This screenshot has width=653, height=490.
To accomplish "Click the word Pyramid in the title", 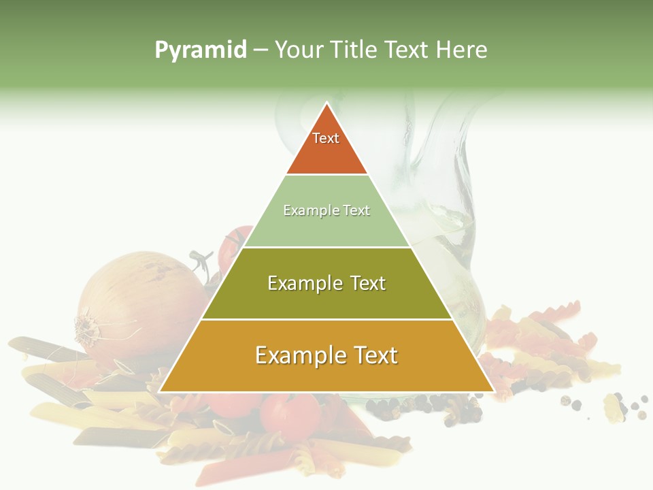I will tap(200, 50).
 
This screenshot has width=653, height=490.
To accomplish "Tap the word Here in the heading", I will tap(462, 50).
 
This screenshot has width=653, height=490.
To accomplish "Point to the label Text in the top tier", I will tap(326, 138).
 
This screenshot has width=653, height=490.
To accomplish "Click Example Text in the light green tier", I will tap(326, 210).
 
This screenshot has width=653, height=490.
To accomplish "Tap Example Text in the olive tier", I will tap(326, 283).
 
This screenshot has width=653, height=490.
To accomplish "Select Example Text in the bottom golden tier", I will tap(326, 355).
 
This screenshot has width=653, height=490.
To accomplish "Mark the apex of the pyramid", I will tap(327, 104).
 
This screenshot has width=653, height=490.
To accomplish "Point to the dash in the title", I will tap(261, 50).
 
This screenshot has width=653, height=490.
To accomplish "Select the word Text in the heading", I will tap(407, 50).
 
